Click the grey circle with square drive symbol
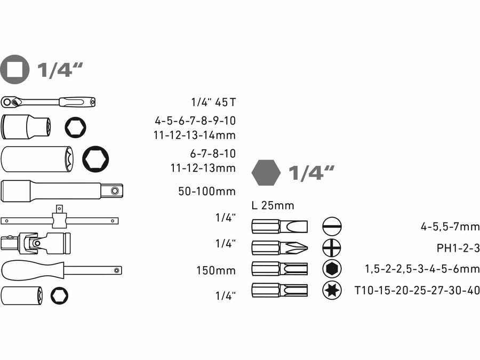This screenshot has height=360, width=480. coord(15,69)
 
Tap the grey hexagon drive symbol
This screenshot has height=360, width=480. coord(266,173)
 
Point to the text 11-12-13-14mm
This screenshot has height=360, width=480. coord(194,135)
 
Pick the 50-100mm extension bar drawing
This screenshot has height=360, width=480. coord(62,190)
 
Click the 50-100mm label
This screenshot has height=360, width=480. coord(207,191)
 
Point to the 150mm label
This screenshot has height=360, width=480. coord(215,270)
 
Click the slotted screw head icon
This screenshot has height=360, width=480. coord(332,227)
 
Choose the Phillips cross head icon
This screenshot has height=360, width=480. coord(332,248)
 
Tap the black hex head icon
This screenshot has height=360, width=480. coord(332,269)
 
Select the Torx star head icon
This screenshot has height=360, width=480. coord(332,290)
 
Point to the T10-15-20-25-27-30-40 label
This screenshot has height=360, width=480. coord(417,291)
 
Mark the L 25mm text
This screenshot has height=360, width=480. coord(273,205)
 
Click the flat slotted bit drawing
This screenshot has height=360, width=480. coord(279,227)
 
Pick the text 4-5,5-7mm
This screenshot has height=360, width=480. coord(450,227)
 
